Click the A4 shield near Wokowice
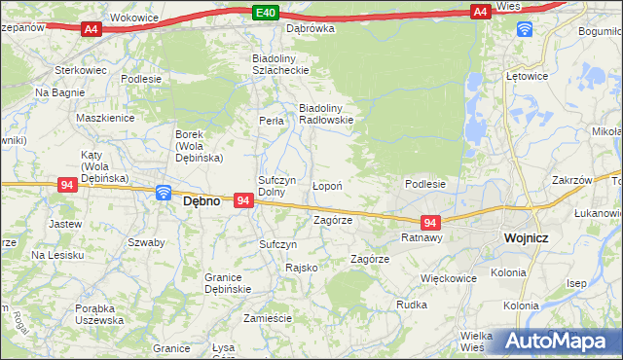91,30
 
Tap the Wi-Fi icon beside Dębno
164,194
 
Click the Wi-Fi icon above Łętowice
524,28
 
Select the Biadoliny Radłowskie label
325,114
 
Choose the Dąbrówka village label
310,28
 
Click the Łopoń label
326,185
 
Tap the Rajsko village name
301,267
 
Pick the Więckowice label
449,277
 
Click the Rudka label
412,305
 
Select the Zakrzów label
571,180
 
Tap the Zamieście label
268,318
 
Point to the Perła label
271,121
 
